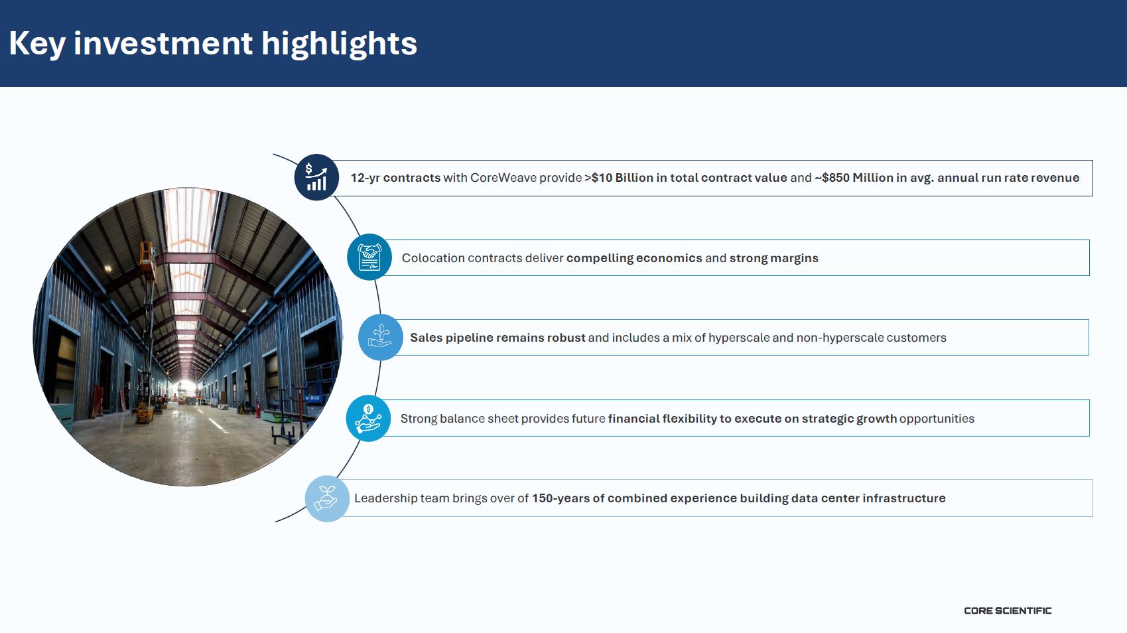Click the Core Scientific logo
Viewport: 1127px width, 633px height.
point(1007,610)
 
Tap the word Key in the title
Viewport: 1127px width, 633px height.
point(37,44)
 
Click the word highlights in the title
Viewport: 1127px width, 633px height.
point(339,44)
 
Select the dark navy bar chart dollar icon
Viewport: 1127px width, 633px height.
point(317,177)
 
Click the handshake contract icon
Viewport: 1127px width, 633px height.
point(369,257)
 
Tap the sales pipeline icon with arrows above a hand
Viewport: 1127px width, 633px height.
point(380,337)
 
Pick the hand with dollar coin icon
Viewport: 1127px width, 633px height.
point(368,418)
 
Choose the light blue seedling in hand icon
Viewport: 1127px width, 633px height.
point(327,498)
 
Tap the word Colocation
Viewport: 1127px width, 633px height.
point(433,257)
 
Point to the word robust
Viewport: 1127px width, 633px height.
point(566,337)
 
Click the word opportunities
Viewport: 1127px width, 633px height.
point(937,419)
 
